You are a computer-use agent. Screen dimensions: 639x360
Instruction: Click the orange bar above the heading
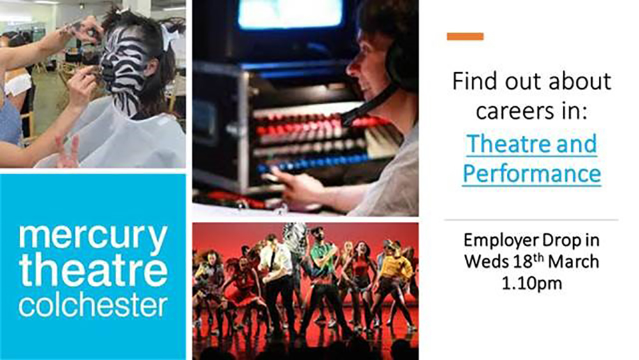[465, 36]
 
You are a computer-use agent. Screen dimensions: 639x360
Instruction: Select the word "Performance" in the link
[532, 174]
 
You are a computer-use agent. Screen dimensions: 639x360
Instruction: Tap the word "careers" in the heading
[511, 111]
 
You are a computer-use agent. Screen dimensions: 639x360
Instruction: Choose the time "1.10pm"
[532, 283]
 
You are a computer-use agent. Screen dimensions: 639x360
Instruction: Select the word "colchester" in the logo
[93, 306]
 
